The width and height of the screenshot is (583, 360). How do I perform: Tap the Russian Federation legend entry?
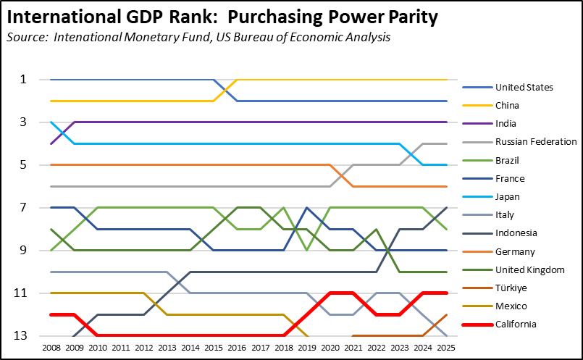[x=535, y=142]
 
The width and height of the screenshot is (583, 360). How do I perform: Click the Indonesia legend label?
[x=516, y=233]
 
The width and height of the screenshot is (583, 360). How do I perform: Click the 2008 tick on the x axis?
[x=51, y=348]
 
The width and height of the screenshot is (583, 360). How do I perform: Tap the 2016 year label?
[x=238, y=348]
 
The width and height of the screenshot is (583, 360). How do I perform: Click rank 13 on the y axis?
[x=22, y=336]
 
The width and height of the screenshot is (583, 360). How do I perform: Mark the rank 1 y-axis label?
[x=22, y=79]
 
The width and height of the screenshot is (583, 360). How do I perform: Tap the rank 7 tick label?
[x=22, y=208]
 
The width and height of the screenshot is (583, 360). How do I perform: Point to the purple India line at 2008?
[x=51, y=143]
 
